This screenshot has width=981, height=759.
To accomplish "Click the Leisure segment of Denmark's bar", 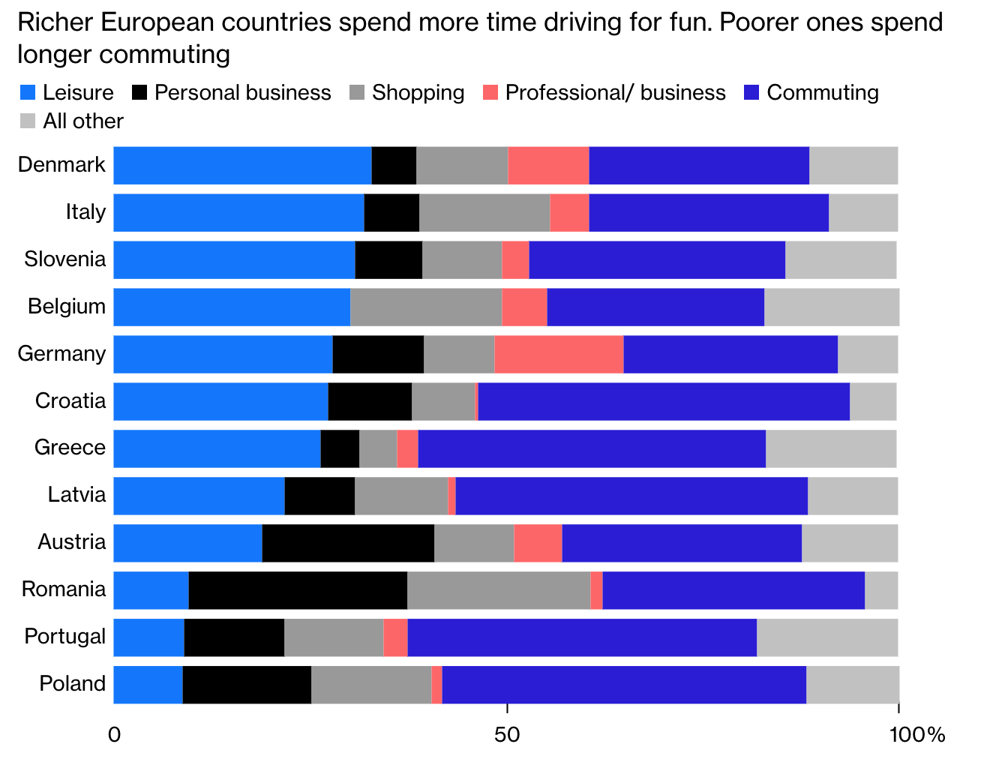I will tap(242, 165).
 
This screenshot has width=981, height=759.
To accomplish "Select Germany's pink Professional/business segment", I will tap(559, 354).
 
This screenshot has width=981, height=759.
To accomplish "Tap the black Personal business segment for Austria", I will tap(348, 543).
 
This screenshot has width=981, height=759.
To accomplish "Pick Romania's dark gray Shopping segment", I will tap(499, 590).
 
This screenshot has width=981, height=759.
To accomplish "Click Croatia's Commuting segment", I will tap(664, 401).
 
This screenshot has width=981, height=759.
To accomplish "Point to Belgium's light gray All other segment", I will tap(831, 307).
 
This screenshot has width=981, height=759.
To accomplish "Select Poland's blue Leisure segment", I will tap(148, 685).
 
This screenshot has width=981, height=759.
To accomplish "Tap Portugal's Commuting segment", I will tap(582, 637).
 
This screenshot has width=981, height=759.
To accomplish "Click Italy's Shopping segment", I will tap(484, 212).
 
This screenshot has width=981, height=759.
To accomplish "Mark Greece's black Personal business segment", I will tap(340, 448).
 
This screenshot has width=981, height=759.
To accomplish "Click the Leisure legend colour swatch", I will tap(27, 93).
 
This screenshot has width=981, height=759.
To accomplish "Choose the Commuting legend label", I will tap(823, 93).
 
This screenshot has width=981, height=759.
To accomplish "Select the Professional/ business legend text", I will tap(615, 93).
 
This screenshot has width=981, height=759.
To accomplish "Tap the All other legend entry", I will tap(82, 121).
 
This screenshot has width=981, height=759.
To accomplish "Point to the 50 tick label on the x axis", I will tap(508, 735).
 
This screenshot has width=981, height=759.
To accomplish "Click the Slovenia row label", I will tap(65, 259).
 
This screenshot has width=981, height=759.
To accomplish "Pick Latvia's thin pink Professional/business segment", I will tap(451, 496).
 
